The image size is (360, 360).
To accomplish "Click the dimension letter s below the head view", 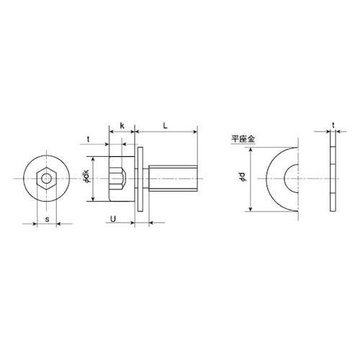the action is (x=48, y=219).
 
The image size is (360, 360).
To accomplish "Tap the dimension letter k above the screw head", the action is (x=122, y=125).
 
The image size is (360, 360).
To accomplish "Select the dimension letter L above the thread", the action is (x=165, y=125).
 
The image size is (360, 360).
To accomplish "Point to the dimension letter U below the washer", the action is (x=113, y=219).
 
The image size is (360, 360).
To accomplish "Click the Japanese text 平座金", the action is (x=243, y=139).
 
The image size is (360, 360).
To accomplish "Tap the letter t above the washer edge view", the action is (x=333, y=125).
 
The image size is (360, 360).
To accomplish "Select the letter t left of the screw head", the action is (x=89, y=139).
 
